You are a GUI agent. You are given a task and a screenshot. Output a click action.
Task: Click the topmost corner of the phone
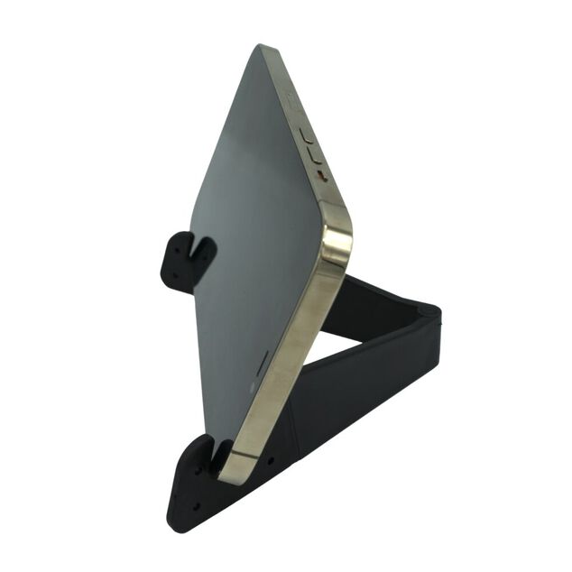point(263,47)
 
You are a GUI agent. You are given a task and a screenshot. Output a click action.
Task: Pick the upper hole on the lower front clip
point(196,470)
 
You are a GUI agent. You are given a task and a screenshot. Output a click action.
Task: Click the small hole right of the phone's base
point(270,461)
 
